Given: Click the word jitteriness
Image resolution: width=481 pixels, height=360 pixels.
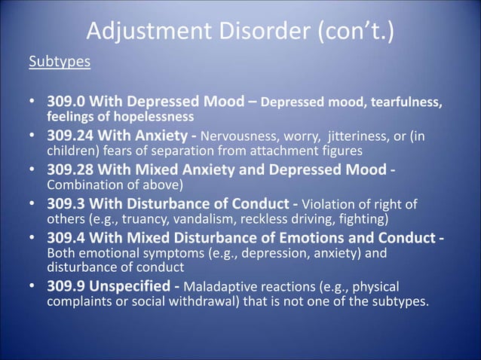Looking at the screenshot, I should pyautogui.click(x=363, y=136).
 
